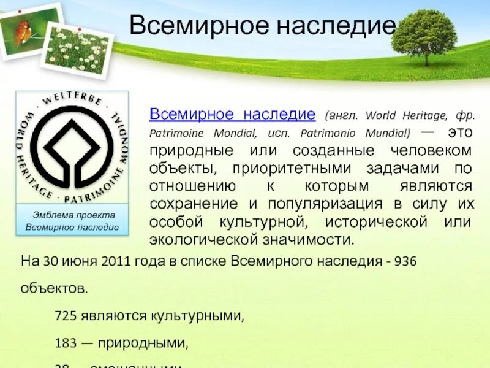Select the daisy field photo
[77, 48]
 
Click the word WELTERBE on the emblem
[72, 101]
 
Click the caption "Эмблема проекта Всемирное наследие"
[72, 221]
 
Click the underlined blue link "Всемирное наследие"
[233, 115]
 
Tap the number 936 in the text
[405, 261]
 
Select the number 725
[66, 316]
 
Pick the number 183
[66, 342]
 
